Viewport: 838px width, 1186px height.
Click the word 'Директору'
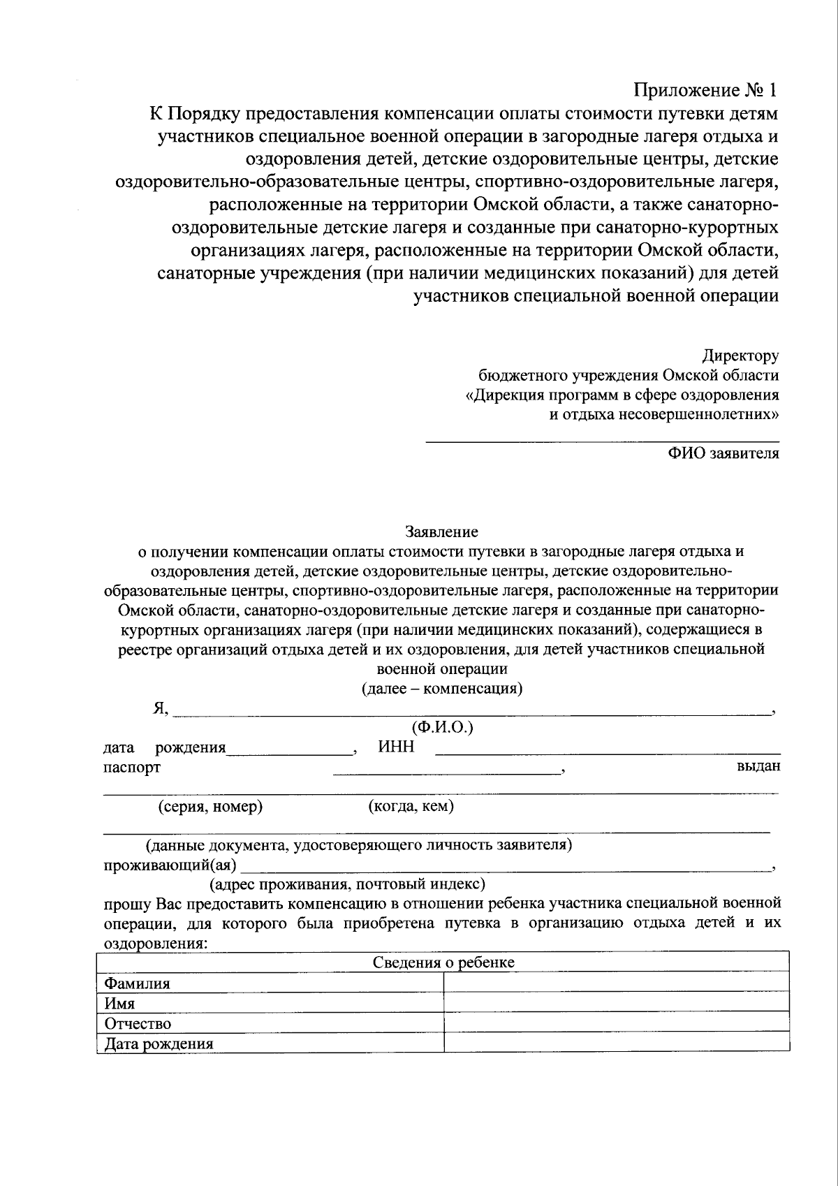(x=740, y=356)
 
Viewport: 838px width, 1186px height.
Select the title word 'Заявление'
(x=441, y=532)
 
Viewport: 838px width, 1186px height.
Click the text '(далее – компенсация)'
(x=441, y=689)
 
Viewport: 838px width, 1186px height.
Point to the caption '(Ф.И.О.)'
(x=443, y=728)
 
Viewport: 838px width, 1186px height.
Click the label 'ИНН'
(x=396, y=747)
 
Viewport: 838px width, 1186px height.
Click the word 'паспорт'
(x=132, y=767)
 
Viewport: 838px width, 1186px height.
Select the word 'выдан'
(x=758, y=766)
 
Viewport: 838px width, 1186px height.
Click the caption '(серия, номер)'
(x=210, y=807)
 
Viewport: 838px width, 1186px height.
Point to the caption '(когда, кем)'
(x=411, y=807)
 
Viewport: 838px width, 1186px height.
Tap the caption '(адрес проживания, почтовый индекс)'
(x=348, y=884)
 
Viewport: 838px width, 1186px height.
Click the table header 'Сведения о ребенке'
(x=443, y=962)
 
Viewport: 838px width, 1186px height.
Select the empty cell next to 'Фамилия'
(x=616, y=983)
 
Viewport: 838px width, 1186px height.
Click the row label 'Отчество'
(x=138, y=1024)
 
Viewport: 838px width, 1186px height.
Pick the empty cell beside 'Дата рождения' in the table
(x=616, y=1043)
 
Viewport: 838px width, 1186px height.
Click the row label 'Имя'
(x=119, y=1004)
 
